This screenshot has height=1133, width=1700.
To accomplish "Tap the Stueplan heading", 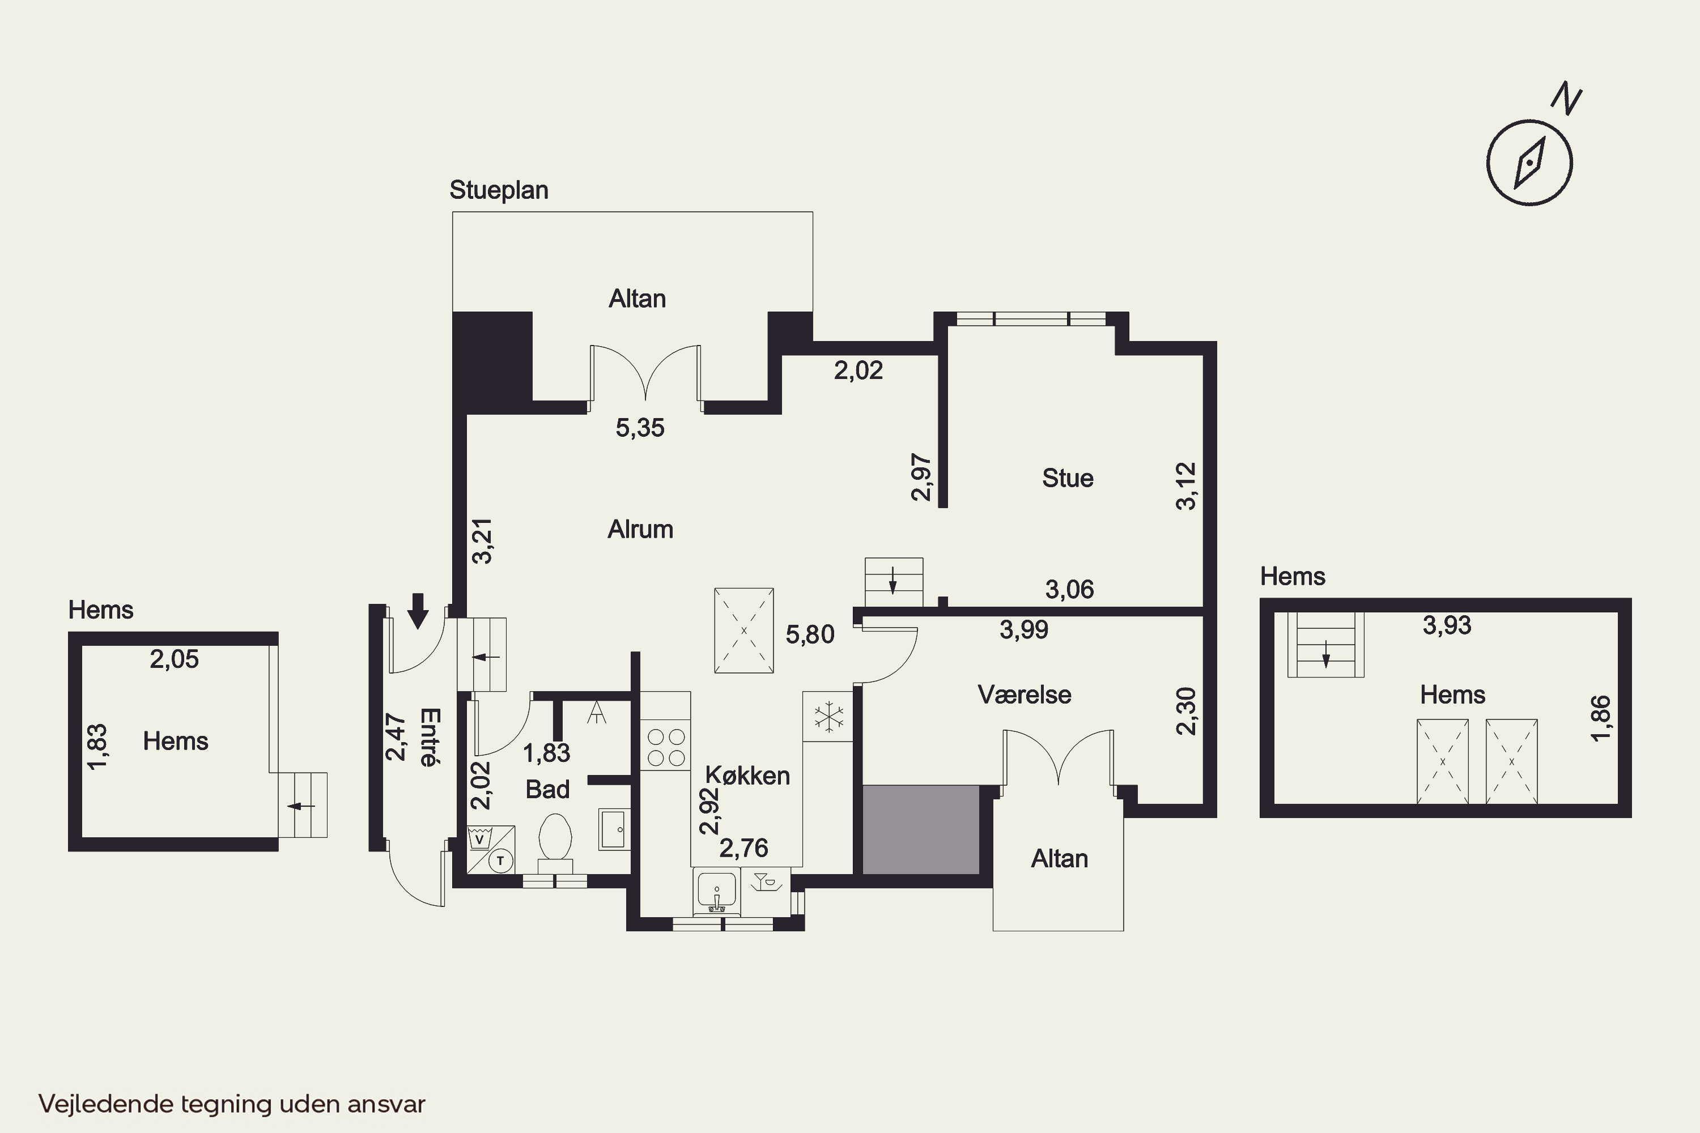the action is click(499, 190).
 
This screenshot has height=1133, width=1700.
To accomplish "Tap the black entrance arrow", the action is click(418, 611).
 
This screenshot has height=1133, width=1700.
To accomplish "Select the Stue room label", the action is click(1068, 478).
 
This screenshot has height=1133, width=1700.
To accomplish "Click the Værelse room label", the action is click(1024, 695).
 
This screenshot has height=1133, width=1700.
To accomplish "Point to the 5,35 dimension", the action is click(640, 428).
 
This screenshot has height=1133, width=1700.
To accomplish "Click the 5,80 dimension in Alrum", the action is click(810, 634).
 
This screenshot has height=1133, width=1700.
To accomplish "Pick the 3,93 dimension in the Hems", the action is click(1446, 625).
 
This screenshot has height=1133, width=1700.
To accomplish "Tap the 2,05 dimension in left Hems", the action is click(174, 659).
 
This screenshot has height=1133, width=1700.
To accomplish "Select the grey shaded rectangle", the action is click(921, 830).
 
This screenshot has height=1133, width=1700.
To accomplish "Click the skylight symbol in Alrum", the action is click(743, 631).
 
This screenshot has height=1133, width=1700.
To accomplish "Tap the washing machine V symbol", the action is click(478, 840).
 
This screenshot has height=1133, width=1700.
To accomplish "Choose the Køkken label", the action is click(747, 776).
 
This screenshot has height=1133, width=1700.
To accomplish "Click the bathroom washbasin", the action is click(614, 829).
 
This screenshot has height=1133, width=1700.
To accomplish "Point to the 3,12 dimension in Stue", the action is click(1186, 486).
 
